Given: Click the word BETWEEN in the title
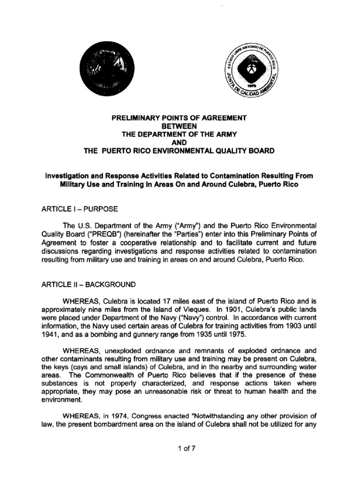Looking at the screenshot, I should click(x=180, y=126).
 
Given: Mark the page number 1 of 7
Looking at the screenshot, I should click(x=180, y=448).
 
